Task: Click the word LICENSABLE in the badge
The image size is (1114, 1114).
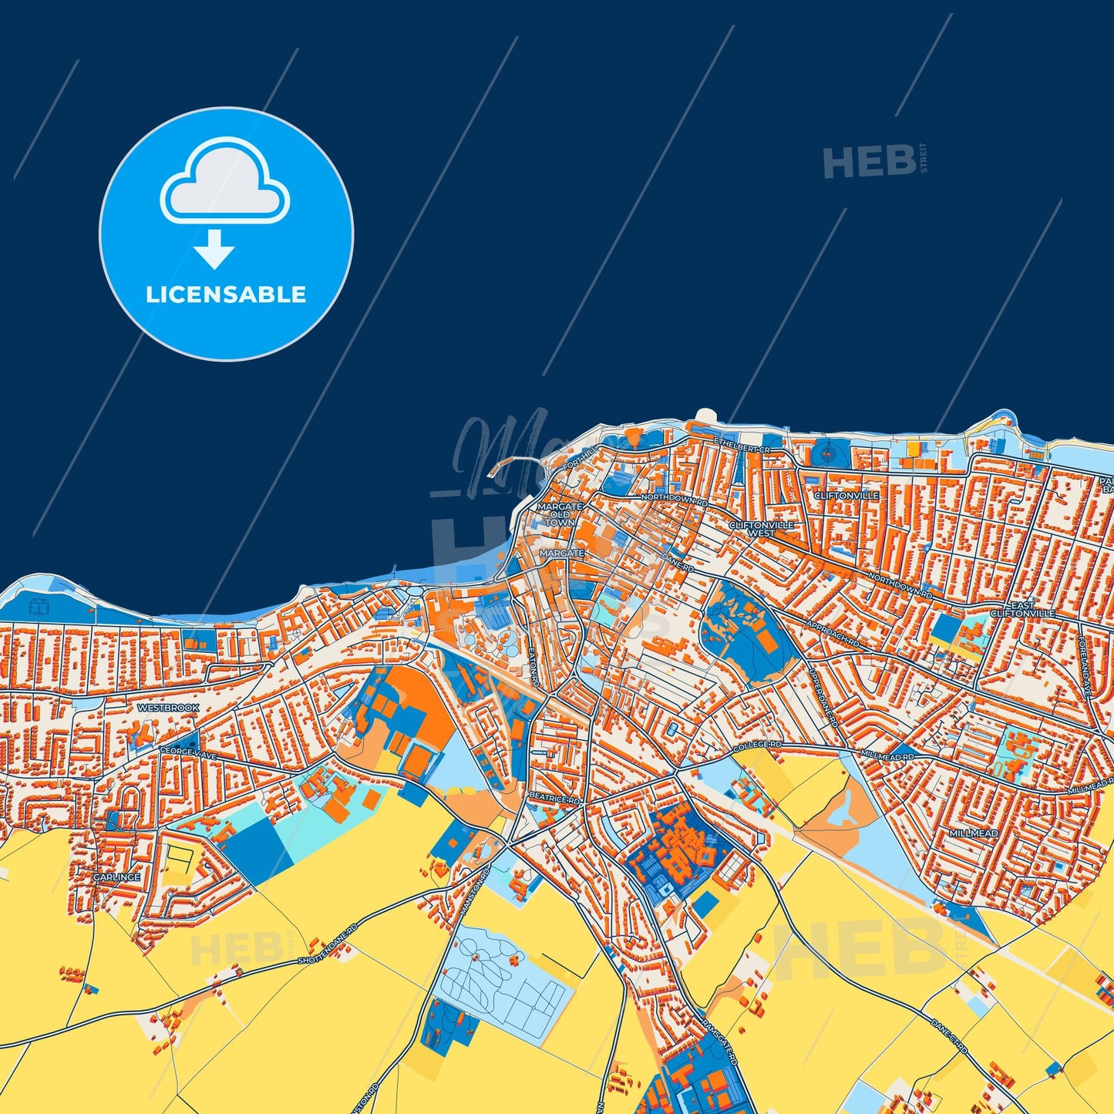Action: [x=226, y=294]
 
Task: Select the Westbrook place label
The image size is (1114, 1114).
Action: [x=168, y=708]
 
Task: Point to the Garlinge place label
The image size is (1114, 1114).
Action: [x=117, y=877]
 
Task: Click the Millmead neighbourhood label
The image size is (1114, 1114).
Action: [x=974, y=833]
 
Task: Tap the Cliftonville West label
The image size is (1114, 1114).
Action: [x=761, y=529]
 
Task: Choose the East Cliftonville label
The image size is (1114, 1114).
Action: [x=1022, y=609]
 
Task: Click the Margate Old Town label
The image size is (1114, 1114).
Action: [x=560, y=514]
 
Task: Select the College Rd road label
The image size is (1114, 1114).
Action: [x=757, y=745]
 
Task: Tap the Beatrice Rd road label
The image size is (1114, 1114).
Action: [x=554, y=799]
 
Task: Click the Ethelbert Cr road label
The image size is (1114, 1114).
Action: [x=742, y=446]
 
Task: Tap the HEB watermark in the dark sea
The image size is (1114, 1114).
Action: [x=869, y=161]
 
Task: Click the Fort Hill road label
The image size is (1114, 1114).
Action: [x=576, y=466]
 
